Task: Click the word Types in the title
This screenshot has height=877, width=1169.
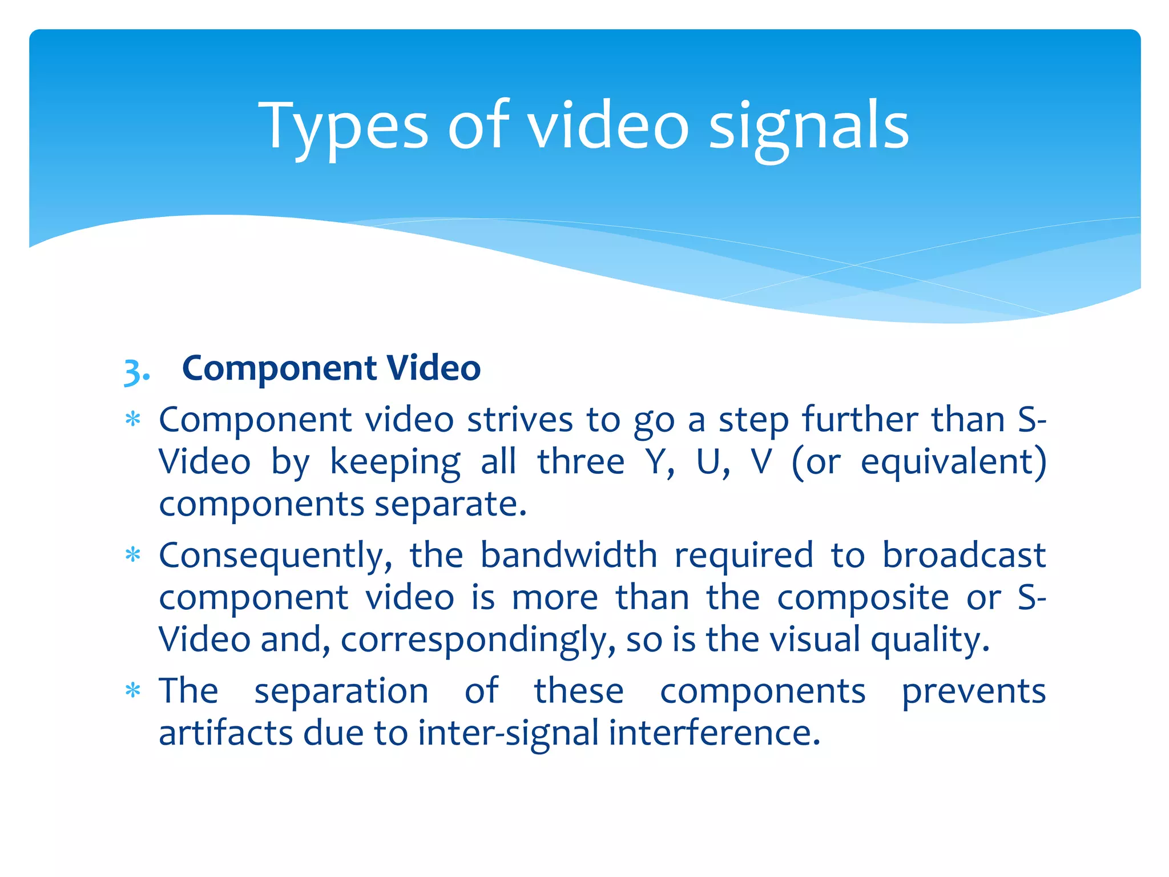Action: [343, 127]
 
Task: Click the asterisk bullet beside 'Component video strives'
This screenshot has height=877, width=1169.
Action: [133, 420]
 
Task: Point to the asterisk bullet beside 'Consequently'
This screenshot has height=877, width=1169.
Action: [133, 555]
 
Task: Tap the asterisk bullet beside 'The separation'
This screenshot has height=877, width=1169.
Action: [133, 691]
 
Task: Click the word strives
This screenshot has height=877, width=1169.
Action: [520, 420]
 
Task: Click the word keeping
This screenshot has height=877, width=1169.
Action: [395, 462]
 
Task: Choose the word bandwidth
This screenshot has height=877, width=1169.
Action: [569, 555]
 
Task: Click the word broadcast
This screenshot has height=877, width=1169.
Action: [964, 555]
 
